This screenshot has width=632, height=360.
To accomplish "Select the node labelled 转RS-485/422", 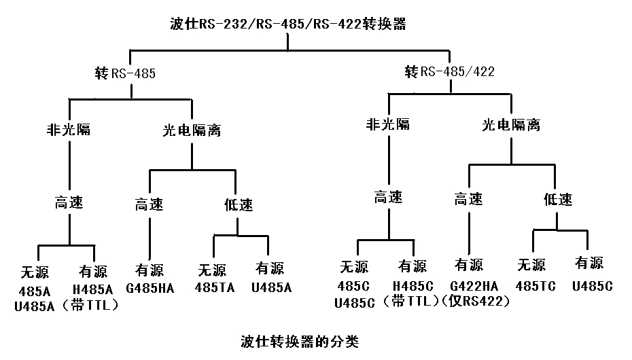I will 449,71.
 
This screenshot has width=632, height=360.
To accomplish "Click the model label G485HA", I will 150,287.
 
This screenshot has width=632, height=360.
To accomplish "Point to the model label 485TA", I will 215,287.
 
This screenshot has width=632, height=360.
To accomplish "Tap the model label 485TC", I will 535,286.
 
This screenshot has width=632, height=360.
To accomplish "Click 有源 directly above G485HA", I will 149,269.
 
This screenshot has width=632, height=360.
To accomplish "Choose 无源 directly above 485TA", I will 213,269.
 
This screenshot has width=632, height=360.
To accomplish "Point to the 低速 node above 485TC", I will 558,199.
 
